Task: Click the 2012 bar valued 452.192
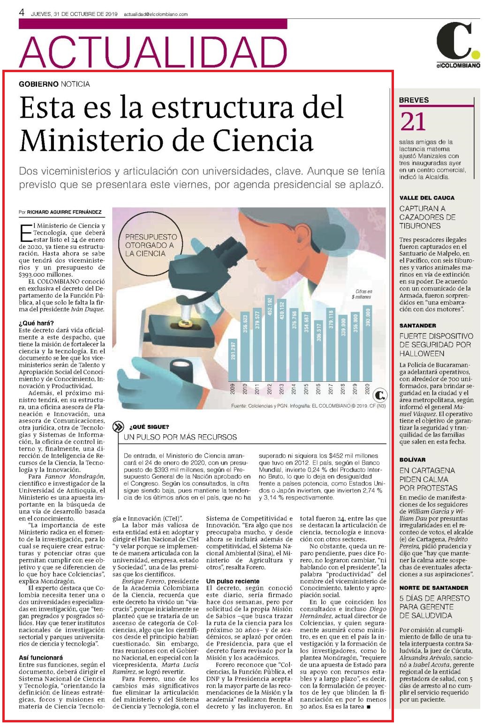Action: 269,338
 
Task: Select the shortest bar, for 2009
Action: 233,360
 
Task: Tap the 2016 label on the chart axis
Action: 318,389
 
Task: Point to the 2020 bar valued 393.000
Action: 368,343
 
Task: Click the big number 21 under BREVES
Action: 413,122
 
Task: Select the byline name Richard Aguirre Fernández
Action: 64,212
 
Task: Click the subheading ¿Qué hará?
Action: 36,323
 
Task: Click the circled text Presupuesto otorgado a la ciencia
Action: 151,245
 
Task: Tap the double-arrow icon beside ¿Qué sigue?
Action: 118,427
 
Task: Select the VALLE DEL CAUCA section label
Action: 427,198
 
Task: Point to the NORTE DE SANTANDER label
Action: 434,587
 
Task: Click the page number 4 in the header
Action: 22,13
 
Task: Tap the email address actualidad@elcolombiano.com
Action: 156,15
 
